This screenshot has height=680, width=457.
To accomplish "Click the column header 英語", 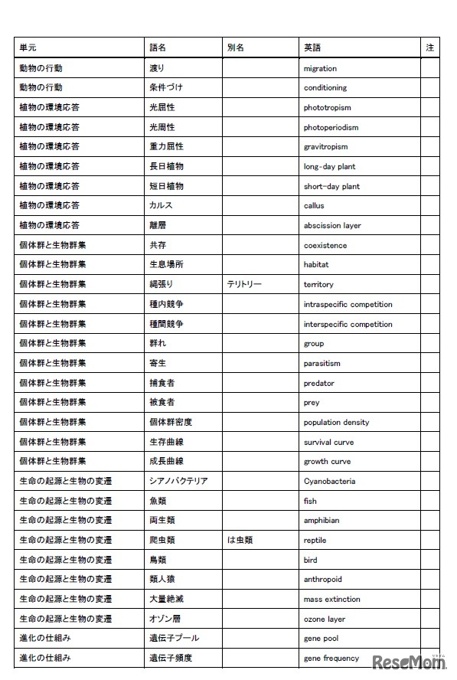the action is (312, 47).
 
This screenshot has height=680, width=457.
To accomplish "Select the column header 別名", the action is (235, 47).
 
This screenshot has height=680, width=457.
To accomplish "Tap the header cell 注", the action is (429, 47).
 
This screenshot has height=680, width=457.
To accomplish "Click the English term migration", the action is (319, 68).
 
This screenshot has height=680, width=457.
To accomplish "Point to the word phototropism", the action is (327, 108).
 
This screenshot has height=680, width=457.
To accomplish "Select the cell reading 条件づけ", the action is (165, 87).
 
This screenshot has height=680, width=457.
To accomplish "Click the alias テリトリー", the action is (244, 284).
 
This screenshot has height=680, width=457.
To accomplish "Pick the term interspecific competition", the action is (348, 324).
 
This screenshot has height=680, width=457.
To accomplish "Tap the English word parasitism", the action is (322, 363).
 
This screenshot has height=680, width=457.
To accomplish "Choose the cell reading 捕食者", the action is (162, 383).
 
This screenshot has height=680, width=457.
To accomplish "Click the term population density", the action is (336, 422).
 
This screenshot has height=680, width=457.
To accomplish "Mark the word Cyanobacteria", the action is (329, 481).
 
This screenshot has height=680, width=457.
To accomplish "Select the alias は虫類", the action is (240, 540).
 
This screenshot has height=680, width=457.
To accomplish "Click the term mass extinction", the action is (331, 599).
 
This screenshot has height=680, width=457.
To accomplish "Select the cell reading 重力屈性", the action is (166, 146).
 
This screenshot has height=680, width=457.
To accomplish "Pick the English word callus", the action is (314, 205).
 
